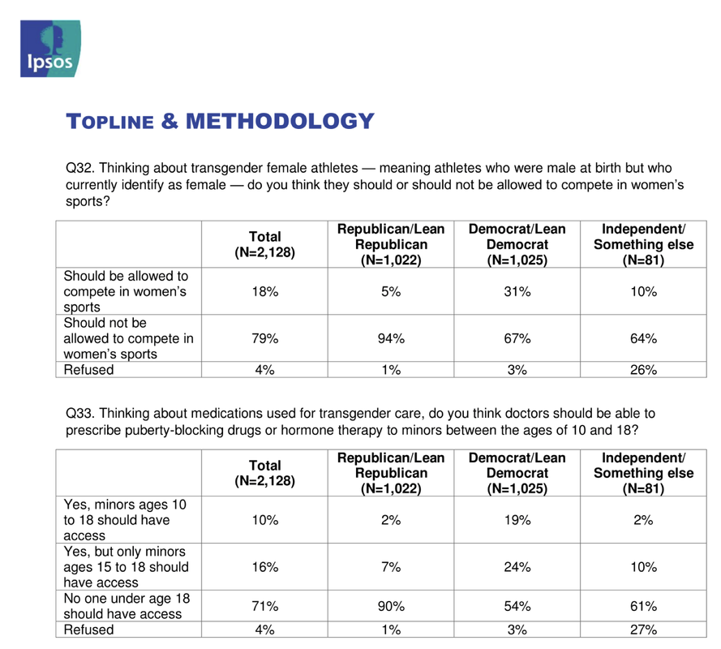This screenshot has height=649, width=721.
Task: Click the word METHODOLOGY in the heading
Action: [x=280, y=122]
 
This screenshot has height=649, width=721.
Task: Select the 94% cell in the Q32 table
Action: [x=391, y=338]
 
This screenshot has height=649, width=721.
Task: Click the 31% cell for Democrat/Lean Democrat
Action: [x=517, y=291]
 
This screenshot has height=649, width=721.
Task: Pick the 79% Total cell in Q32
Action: [x=265, y=338]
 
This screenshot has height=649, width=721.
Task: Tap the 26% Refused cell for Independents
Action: [x=643, y=370]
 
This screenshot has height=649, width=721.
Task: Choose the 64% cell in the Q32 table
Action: [x=643, y=338]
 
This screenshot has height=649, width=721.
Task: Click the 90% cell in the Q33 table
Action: [x=391, y=606]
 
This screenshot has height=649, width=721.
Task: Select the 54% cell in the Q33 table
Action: [x=517, y=606]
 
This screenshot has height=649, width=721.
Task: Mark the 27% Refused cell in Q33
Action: [x=643, y=630]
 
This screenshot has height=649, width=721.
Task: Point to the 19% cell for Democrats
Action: [x=517, y=520]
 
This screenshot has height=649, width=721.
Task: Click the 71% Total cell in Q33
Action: [x=265, y=606]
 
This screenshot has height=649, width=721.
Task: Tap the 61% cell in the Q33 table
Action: [x=643, y=606]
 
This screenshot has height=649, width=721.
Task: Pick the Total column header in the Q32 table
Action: [x=265, y=244]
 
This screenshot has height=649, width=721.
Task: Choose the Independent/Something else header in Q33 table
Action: [x=643, y=473]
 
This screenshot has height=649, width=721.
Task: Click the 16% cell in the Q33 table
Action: [x=265, y=567]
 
